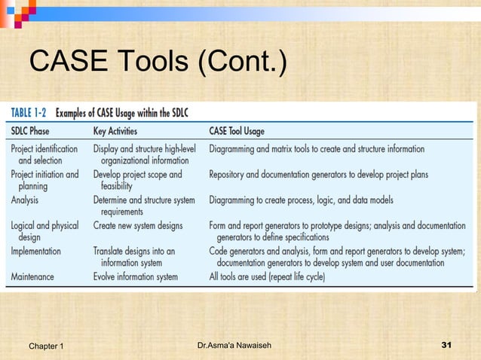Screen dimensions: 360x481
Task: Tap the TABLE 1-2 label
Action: coord(29,113)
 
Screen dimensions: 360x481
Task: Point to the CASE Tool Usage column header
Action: coord(247,130)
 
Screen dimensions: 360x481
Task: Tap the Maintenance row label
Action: coord(33,276)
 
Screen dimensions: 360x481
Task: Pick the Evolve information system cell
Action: coord(136,276)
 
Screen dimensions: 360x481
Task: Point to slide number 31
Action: coord(446,346)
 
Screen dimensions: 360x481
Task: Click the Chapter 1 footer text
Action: coord(46,346)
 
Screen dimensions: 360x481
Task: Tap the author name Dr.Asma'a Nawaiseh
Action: coord(234,346)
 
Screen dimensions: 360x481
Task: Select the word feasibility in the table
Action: coord(116,186)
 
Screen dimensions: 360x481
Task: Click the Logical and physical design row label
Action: coord(44,230)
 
